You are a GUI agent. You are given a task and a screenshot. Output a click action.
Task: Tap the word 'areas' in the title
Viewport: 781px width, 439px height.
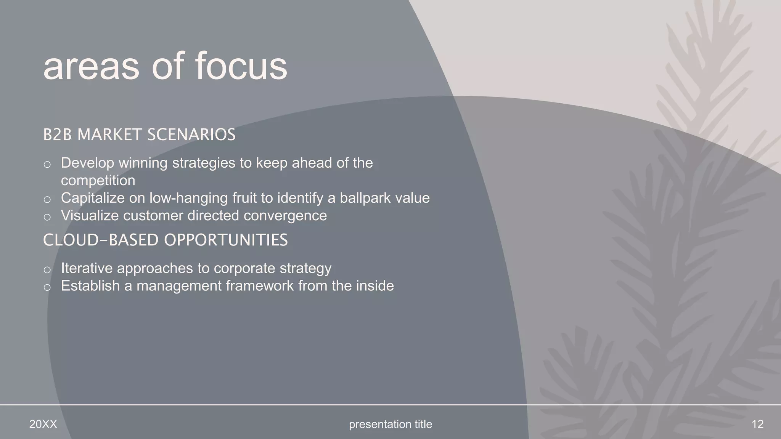91,66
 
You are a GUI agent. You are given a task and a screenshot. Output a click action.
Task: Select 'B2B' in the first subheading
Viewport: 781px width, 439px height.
57,135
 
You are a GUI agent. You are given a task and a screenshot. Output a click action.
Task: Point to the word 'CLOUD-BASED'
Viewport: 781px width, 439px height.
101,240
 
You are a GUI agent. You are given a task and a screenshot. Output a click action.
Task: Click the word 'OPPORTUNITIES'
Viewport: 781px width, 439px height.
226,240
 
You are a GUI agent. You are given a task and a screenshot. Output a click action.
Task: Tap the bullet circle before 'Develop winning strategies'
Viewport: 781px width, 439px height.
47,165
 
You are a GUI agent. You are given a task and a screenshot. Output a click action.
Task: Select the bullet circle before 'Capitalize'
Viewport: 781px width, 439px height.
47,200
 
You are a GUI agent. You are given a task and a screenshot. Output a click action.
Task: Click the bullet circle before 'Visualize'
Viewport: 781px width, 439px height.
47,217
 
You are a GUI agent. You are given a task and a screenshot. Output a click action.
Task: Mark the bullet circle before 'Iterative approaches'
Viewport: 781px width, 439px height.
47,270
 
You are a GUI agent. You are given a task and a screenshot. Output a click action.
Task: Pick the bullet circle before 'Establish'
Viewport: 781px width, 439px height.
47,287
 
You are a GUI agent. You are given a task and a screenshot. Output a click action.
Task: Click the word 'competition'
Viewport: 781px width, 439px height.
98,181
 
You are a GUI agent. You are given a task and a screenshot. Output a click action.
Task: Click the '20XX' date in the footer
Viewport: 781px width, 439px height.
43,424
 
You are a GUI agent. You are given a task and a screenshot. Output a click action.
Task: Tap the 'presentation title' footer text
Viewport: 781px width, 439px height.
390,424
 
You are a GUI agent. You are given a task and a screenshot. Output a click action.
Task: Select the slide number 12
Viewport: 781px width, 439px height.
757,424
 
